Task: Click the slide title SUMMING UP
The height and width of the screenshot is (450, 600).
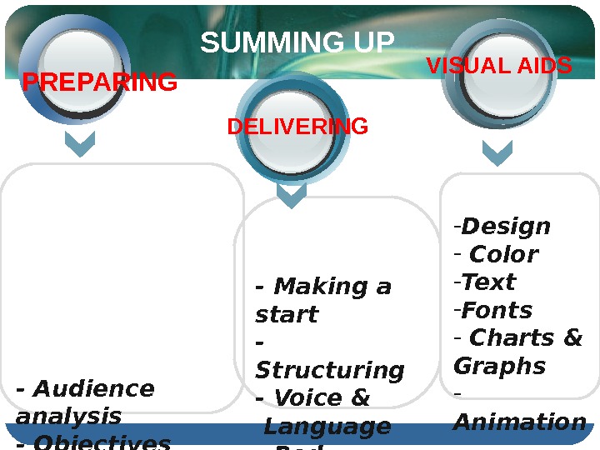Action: point(297,43)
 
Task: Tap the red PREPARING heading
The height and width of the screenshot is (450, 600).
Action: point(99,82)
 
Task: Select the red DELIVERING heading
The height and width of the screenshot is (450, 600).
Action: point(297,127)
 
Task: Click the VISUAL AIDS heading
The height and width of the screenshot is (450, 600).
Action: point(499,66)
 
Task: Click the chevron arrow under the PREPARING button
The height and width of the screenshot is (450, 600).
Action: point(80,145)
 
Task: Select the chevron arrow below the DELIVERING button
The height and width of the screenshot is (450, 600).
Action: point(292,196)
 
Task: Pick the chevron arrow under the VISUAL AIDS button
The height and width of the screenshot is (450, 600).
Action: point(497,152)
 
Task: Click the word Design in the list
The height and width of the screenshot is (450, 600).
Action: point(506,227)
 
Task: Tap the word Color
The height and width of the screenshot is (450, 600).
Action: point(504,254)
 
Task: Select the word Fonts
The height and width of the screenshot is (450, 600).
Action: point(497,311)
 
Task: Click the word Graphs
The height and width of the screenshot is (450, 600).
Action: point(499,367)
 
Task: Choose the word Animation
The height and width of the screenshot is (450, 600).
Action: point(519,422)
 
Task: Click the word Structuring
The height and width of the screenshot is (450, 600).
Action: point(329,370)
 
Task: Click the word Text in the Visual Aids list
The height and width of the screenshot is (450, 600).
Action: point(488,282)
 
